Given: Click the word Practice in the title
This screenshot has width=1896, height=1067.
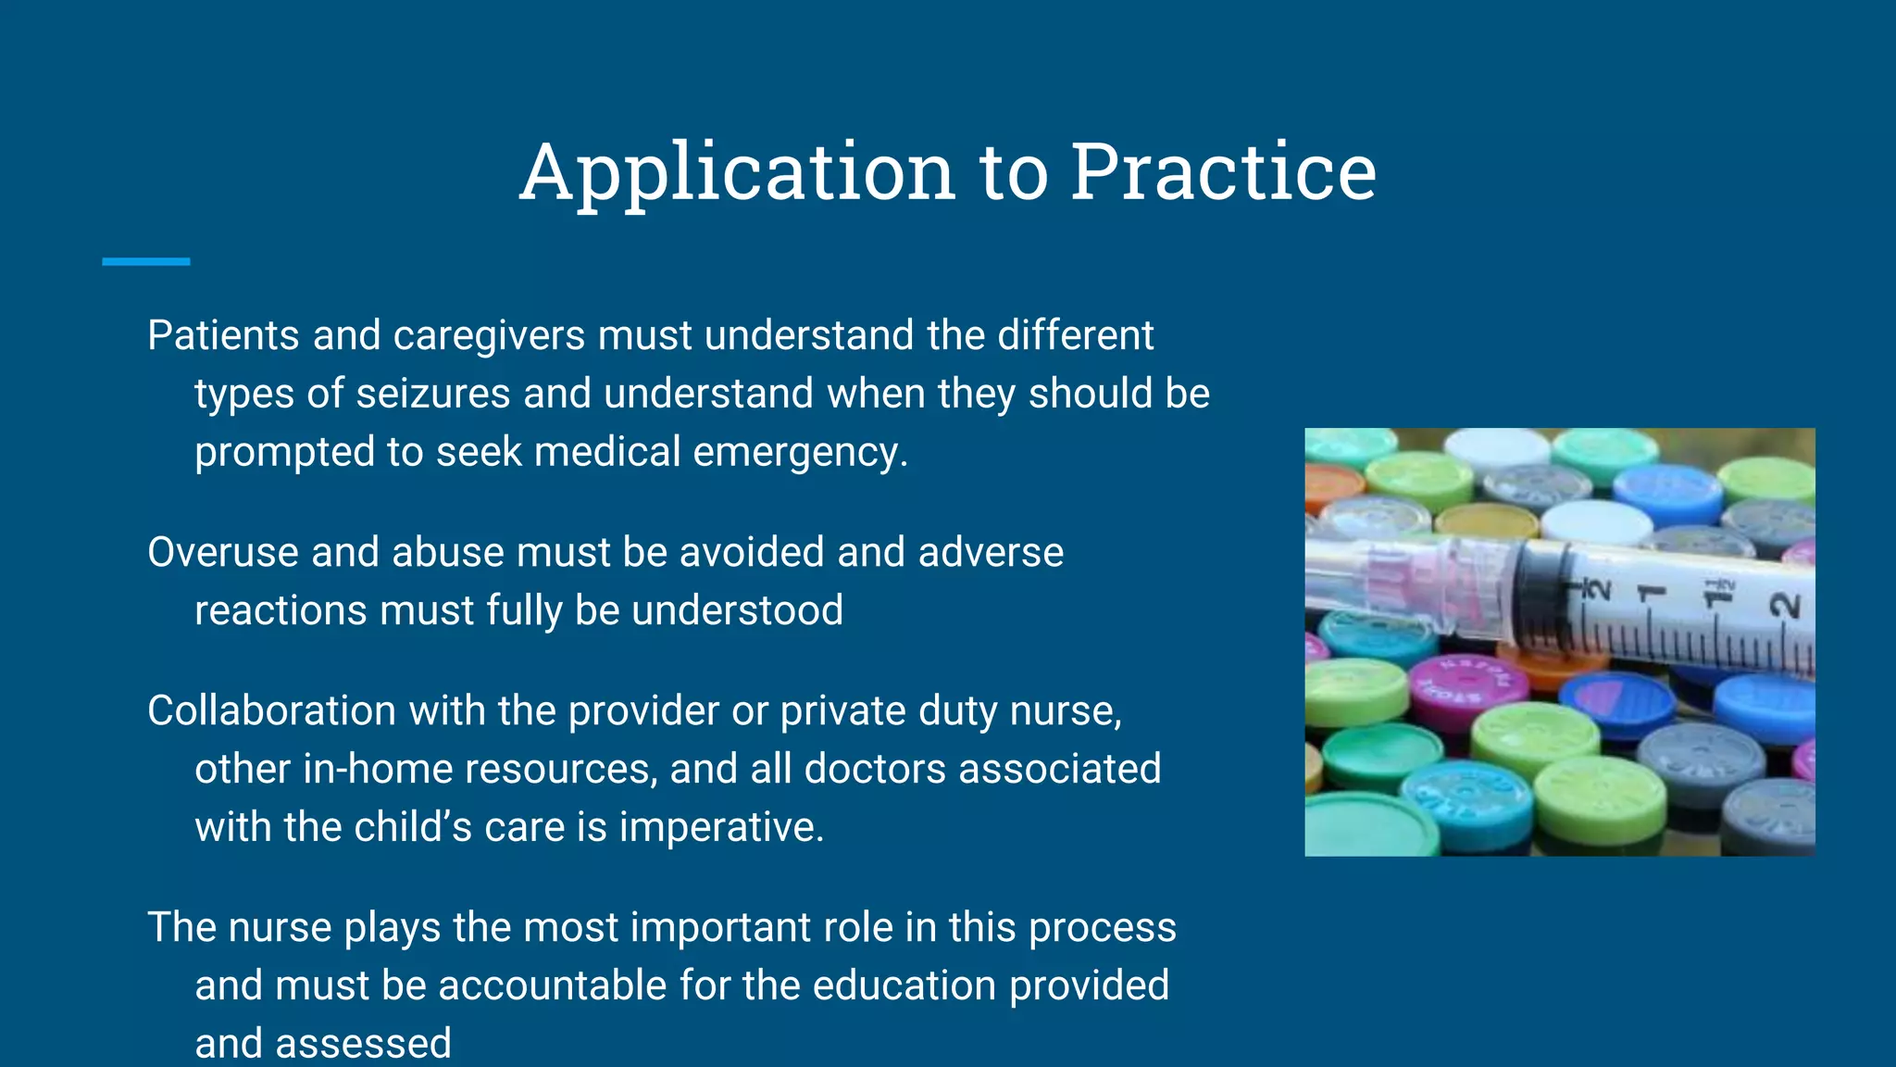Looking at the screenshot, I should (x=1223, y=172).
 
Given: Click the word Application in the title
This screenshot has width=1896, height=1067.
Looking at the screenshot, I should (x=737, y=172).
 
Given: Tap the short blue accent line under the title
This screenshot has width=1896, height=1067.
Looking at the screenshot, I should (x=145, y=262).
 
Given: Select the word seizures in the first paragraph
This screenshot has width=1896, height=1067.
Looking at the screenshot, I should (x=432, y=394).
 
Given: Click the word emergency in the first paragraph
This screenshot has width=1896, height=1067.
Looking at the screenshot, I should (x=800, y=453).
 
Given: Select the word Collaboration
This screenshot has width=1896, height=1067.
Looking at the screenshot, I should (x=272, y=711).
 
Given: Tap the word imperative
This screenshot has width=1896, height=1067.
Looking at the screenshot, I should (x=721, y=827).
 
